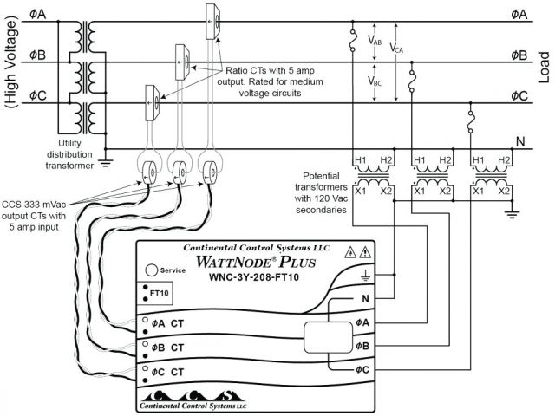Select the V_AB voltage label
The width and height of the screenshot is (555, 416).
375,41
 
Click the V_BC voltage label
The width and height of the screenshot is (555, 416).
375,82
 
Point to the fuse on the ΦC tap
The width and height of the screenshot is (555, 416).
469,123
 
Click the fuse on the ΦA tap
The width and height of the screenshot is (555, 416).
351,41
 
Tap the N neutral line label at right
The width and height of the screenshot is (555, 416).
519,141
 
